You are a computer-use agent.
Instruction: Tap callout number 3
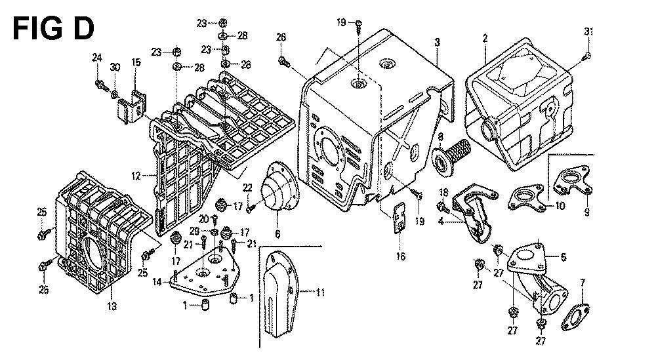[436, 43]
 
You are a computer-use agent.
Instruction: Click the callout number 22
[248, 188]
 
